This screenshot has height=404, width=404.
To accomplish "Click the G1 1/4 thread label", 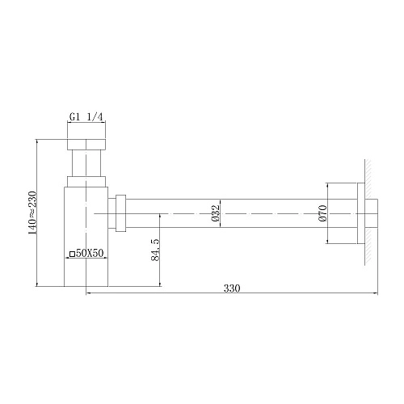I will tap(86, 116).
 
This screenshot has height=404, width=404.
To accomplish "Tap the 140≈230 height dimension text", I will tap(32, 213).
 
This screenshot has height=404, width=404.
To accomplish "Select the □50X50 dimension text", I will tap(87, 254).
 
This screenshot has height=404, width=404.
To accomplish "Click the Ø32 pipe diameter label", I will tap(216, 213).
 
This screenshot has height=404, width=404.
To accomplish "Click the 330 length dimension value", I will tap(232, 288).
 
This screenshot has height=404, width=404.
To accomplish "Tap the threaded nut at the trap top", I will tap(86, 144).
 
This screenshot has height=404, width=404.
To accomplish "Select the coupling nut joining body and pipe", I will tap(120, 213).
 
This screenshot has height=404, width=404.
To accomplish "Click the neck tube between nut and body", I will tap(86, 167).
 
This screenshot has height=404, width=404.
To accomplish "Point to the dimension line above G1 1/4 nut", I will tap(86, 123).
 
